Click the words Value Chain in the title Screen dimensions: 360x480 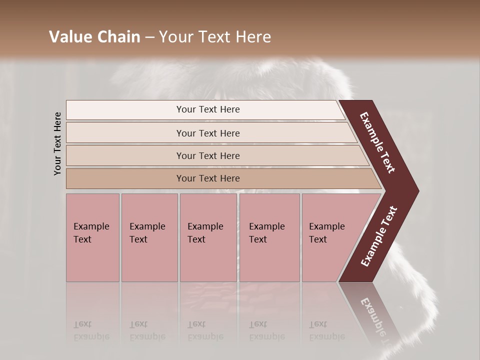point(94,37)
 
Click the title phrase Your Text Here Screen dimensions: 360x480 point(215,37)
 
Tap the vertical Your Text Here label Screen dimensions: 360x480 point(57,143)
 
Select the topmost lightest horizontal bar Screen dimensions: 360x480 point(207,109)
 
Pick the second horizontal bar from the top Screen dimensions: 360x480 point(207,133)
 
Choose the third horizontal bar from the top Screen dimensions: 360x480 point(207,155)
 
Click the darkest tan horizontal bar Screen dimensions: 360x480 point(207,178)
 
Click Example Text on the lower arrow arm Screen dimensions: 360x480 point(379,236)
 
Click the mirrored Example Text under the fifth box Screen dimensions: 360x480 point(326,330)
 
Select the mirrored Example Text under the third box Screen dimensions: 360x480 point(205,330)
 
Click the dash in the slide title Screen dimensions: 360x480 point(149,37)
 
